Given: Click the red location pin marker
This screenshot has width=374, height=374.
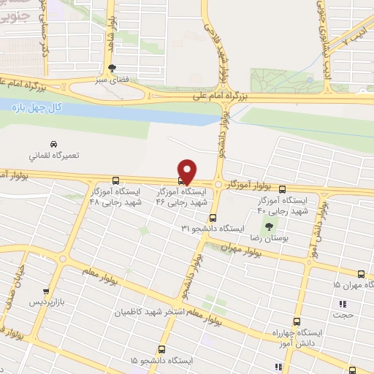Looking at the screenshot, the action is click(187, 169).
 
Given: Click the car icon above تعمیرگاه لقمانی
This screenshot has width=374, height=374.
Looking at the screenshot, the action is click(53, 143).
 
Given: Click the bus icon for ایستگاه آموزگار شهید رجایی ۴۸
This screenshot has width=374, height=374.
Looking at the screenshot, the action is click(115, 180).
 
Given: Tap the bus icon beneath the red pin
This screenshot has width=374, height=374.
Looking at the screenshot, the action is click(182, 180).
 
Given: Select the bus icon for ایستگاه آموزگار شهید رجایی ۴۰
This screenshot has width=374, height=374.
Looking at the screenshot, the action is click(283, 188).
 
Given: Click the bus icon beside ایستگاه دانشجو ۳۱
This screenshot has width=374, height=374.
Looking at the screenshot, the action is click(213, 217).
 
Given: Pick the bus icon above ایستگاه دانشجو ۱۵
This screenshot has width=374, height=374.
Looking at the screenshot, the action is click(161, 349).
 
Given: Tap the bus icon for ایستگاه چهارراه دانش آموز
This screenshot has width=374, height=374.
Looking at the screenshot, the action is click(297, 321).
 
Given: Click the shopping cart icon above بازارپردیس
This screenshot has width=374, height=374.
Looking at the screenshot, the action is click(47, 290).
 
